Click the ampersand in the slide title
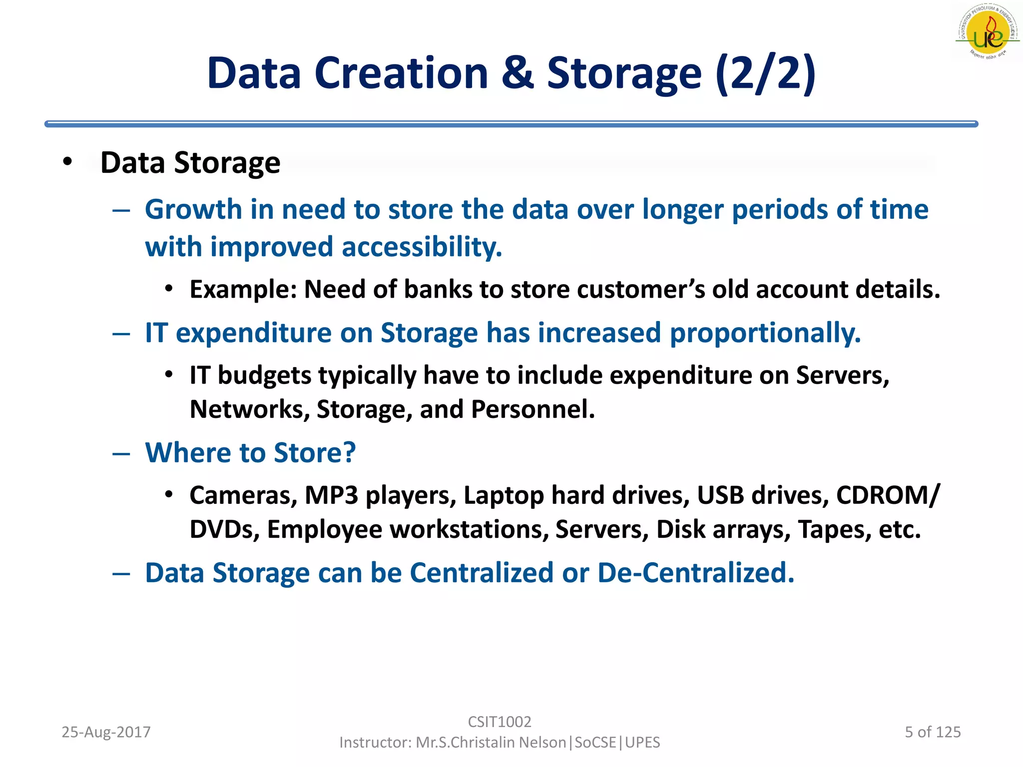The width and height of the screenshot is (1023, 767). pos(517,73)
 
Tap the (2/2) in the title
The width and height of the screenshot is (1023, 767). pos(765,73)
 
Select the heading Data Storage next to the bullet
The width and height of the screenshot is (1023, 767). pos(190,163)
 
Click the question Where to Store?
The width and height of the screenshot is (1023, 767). pos(250,453)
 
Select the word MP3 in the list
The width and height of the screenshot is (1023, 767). pos(331,495)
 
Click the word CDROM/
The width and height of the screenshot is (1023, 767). pos(888,495)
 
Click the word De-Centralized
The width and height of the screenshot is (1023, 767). pos(695,573)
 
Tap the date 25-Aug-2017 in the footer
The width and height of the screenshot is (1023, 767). pos(106,732)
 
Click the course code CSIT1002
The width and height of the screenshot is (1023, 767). pos(499,722)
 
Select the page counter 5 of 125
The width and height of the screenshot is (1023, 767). pos(933,732)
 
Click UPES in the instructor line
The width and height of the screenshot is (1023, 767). pos(642,743)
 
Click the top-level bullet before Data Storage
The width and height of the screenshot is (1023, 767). pos(67,162)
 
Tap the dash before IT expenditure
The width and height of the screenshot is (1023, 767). pos(121,334)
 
